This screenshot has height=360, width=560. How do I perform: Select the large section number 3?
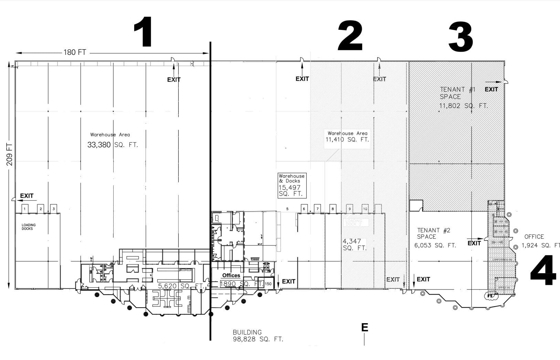[x=461, y=38]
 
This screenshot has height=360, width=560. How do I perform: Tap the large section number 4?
[x=543, y=271]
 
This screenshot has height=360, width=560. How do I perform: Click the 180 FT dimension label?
[x=75, y=52]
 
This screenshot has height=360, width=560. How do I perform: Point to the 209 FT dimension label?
[x=10, y=154]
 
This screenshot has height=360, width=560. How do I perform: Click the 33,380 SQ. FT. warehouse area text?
[x=113, y=145]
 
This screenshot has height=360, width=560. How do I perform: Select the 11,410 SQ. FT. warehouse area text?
[x=347, y=140]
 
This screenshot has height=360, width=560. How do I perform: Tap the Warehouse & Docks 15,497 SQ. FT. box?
[x=292, y=185]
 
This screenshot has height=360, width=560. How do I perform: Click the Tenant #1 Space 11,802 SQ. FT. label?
[x=463, y=97]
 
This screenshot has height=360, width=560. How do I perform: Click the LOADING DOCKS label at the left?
[x=29, y=227]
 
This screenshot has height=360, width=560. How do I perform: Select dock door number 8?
[x=332, y=209]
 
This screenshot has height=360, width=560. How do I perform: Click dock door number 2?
[x=41, y=209]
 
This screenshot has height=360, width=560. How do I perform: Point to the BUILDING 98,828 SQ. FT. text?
[x=257, y=336]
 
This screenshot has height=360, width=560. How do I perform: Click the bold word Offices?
[x=231, y=275]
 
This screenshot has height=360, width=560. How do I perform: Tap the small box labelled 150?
[x=268, y=284]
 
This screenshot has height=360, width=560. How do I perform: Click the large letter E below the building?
[x=364, y=327]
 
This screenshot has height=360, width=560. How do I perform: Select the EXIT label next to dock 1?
[x=27, y=196]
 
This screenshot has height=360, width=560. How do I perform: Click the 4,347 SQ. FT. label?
[x=354, y=245]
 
